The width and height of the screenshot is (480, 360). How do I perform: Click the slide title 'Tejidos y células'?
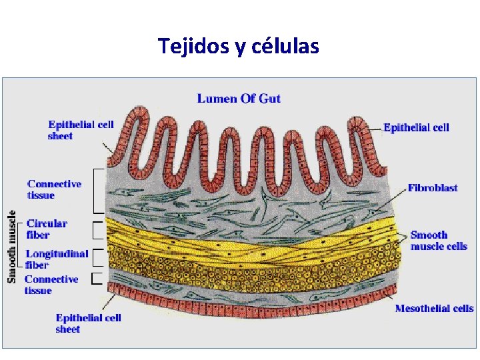[239, 47]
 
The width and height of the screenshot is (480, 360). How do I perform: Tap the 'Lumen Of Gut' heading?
[239, 99]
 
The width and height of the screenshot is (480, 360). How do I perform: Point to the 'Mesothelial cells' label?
[434, 308]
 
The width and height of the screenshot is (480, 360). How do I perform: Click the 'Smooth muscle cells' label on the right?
[438, 240]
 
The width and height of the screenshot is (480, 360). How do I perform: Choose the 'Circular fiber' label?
[47, 229]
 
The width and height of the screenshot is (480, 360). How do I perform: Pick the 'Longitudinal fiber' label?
[57, 259]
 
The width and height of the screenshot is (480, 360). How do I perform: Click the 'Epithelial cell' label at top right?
[416, 127]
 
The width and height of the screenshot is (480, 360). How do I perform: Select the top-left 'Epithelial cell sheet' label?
[81, 130]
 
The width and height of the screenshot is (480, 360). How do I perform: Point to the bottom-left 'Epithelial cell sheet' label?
[88, 323]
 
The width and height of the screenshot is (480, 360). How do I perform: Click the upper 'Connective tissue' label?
[54, 189]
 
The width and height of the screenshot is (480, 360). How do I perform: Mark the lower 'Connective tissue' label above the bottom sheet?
[51, 284]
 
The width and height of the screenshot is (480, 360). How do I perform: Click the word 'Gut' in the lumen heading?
[269, 99]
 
